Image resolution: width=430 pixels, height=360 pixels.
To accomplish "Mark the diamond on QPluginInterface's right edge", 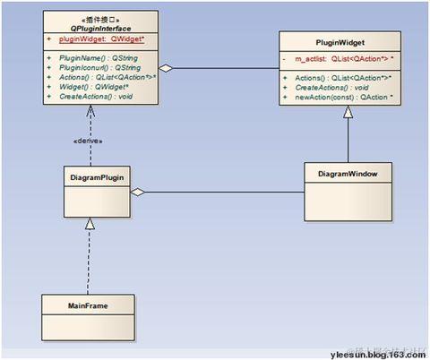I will click(165, 68).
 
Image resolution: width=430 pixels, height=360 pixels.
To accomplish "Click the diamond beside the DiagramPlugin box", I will click(137, 192).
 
